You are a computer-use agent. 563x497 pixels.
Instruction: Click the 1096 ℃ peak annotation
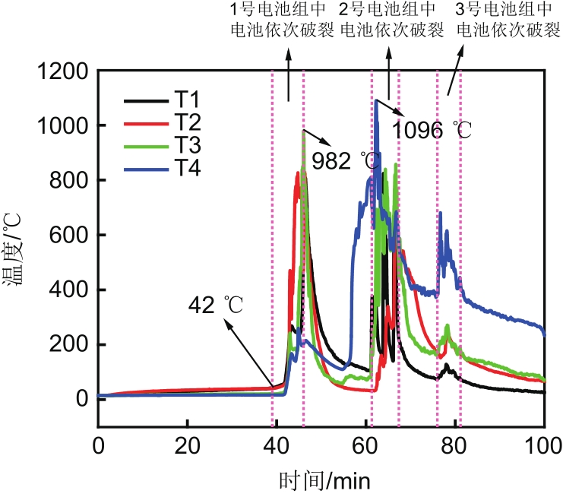432,130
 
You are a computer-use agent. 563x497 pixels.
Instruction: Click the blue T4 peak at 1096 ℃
375,100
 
